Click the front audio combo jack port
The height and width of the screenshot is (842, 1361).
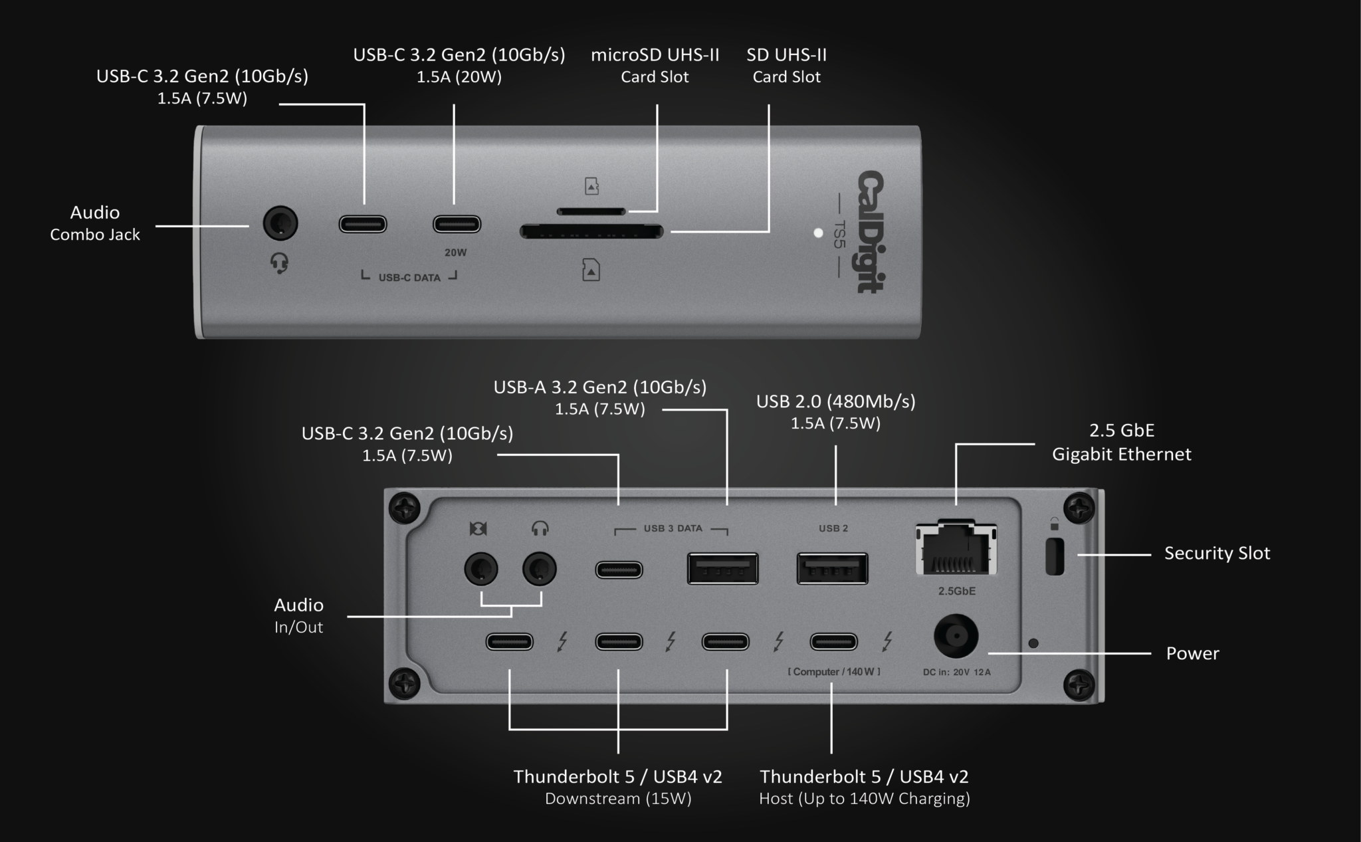click(x=280, y=223)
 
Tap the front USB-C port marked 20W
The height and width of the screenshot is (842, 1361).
click(x=457, y=224)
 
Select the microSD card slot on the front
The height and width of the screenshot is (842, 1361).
click(x=591, y=211)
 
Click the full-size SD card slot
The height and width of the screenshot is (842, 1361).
click(x=591, y=232)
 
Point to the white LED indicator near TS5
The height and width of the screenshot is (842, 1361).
click(x=818, y=233)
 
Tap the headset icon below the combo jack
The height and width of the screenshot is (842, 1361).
click(x=280, y=263)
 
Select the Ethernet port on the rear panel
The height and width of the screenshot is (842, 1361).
click(x=956, y=549)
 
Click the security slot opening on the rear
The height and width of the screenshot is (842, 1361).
click(x=1055, y=556)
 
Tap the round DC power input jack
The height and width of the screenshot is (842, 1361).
click(x=956, y=636)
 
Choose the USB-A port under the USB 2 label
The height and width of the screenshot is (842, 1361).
click(x=832, y=569)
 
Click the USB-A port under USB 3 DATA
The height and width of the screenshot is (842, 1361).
click(x=722, y=569)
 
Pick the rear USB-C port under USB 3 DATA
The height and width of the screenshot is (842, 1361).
click(x=619, y=570)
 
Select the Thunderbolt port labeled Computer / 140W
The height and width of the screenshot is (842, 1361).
click(x=833, y=641)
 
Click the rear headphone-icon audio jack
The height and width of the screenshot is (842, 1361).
click(x=539, y=570)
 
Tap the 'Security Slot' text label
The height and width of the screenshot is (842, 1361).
click(x=1217, y=553)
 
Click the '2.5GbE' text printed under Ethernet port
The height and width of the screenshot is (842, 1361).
click(x=956, y=591)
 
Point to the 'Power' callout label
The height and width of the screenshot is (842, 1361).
click(x=1192, y=653)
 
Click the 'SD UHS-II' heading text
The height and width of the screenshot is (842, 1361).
click(x=786, y=54)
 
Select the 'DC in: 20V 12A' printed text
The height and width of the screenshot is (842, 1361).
click(x=956, y=672)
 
